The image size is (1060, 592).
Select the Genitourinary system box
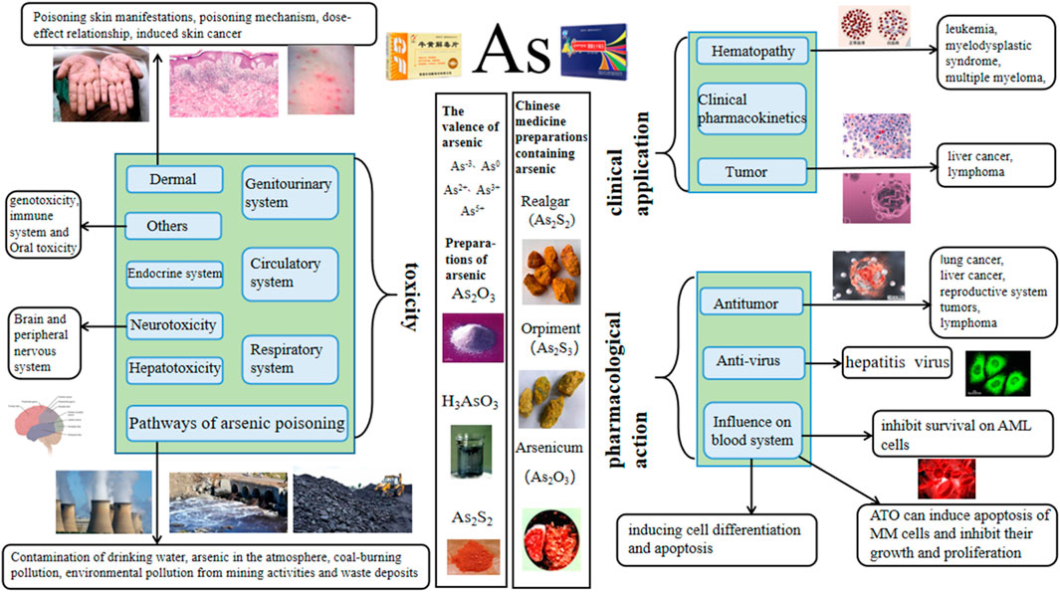[x=290, y=194]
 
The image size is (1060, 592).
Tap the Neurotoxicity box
[x=174, y=323]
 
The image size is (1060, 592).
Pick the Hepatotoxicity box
[x=174, y=368]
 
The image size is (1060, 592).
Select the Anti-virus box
[x=751, y=362]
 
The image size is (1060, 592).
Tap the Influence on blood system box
[x=751, y=430]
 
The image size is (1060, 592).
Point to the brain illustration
[x=51, y=428]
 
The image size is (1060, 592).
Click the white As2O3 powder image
[x=474, y=327]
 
